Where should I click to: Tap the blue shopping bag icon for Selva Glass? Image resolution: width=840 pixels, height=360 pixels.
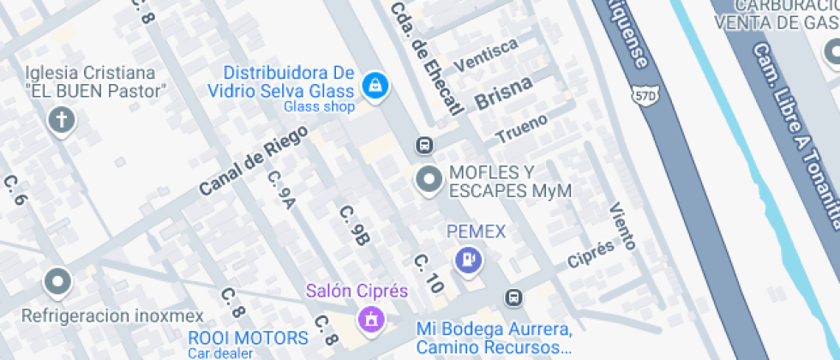(x=375, y=85)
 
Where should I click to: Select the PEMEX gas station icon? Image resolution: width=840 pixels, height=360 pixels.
(x=468, y=259)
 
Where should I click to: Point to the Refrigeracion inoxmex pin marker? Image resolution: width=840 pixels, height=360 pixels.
(x=57, y=280)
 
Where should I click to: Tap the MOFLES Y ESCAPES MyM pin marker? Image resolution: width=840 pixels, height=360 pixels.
(x=427, y=180)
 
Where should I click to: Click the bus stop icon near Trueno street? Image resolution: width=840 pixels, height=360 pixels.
(x=423, y=145)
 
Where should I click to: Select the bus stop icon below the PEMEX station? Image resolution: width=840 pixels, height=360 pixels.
(x=513, y=297)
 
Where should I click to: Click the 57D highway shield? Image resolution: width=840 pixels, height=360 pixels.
(x=644, y=97)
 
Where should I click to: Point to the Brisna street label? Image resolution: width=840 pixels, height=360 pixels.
(x=503, y=92)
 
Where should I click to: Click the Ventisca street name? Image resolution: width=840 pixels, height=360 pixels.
(x=485, y=55)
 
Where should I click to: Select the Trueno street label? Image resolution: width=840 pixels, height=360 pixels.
(x=521, y=129)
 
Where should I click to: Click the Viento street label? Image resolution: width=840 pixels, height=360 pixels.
(x=622, y=225)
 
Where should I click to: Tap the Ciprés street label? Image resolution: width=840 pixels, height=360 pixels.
(x=591, y=252)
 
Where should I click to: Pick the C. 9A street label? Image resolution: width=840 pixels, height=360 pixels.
(x=281, y=190)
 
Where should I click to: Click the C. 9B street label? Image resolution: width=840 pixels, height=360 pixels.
(x=353, y=225)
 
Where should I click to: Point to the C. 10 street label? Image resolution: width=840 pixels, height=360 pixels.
(x=429, y=274)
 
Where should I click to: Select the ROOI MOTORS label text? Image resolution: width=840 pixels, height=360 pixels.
(x=248, y=338)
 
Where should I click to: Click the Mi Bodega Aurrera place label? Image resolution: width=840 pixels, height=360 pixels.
(x=494, y=329)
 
